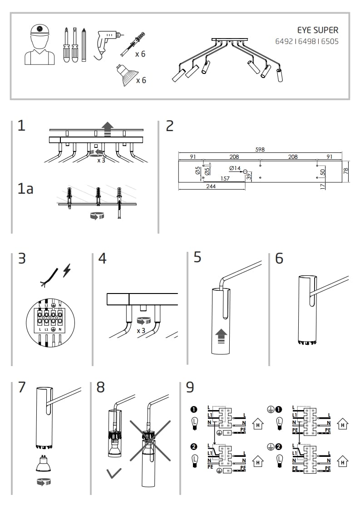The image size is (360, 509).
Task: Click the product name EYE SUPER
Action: click(317, 30)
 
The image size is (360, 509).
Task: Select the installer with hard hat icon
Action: click(39, 44)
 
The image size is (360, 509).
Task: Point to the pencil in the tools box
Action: click(84, 45)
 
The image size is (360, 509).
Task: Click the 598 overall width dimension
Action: click(260, 149)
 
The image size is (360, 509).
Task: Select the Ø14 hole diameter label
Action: click(235, 168)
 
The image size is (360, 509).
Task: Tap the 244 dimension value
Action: click(211, 186)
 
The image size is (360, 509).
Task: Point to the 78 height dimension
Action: click(345, 171)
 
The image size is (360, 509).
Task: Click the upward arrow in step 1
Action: click(107, 128)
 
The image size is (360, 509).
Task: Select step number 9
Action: click(190, 388)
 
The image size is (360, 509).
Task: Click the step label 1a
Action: click(25, 188)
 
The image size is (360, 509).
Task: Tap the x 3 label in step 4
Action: click(141, 330)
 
